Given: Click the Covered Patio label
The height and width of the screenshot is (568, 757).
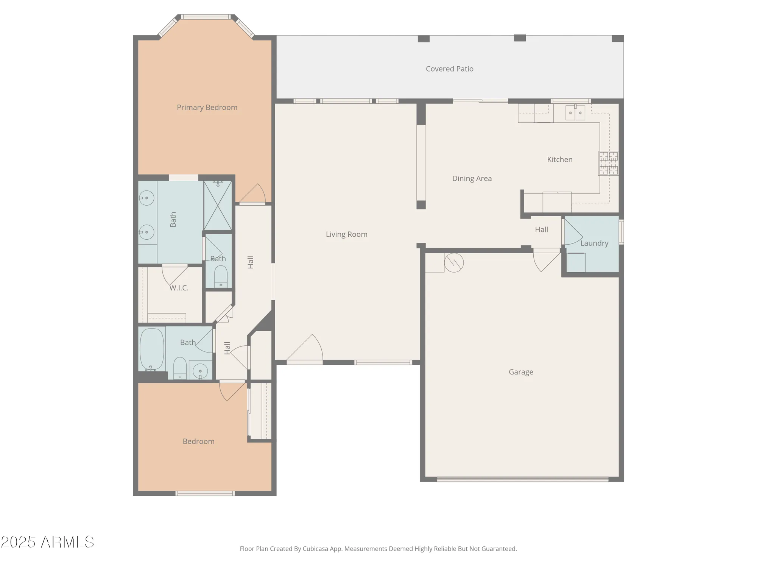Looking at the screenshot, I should click(x=449, y=69).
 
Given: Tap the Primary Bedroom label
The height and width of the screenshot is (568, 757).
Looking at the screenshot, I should click(x=207, y=108).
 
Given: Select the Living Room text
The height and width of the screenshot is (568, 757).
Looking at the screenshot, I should click(x=346, y=234).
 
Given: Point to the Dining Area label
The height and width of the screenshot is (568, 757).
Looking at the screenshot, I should click(x=472, y=178).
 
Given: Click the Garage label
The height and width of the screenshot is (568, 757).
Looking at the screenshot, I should click(x=521, y=372).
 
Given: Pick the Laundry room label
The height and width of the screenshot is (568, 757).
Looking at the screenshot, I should click(x=594, y=243).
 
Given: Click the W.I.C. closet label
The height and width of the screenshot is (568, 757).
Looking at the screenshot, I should click(x=179, y=288).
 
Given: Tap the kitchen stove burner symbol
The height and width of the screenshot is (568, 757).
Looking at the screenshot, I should click(x=608, y=163).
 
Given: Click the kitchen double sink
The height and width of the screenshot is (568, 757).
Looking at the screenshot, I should click(x=575, y=112).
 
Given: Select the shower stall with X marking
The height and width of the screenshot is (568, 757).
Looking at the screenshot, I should click(x=218, y=206).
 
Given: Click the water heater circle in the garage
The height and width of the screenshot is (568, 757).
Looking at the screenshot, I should click(x=454, y=262).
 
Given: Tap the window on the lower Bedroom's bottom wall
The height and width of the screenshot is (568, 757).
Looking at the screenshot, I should click(x=205, y=493).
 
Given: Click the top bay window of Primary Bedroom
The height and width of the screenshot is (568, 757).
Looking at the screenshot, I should click(x=206, y=17).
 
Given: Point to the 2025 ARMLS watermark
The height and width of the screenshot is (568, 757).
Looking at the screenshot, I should click(x=47, y=542).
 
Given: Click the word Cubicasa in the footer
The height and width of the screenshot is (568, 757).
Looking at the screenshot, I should click(x=315, y=549).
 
